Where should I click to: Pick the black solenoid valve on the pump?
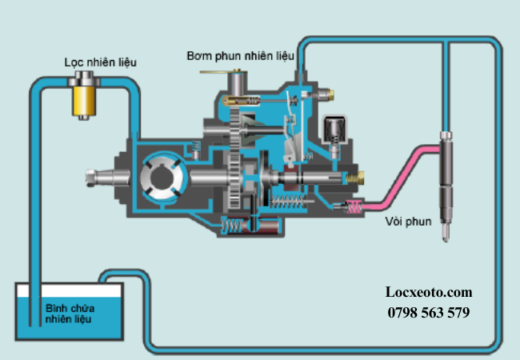334,128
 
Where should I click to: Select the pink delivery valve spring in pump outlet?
351,206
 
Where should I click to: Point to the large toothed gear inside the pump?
233,164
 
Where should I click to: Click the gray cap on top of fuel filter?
82,78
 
